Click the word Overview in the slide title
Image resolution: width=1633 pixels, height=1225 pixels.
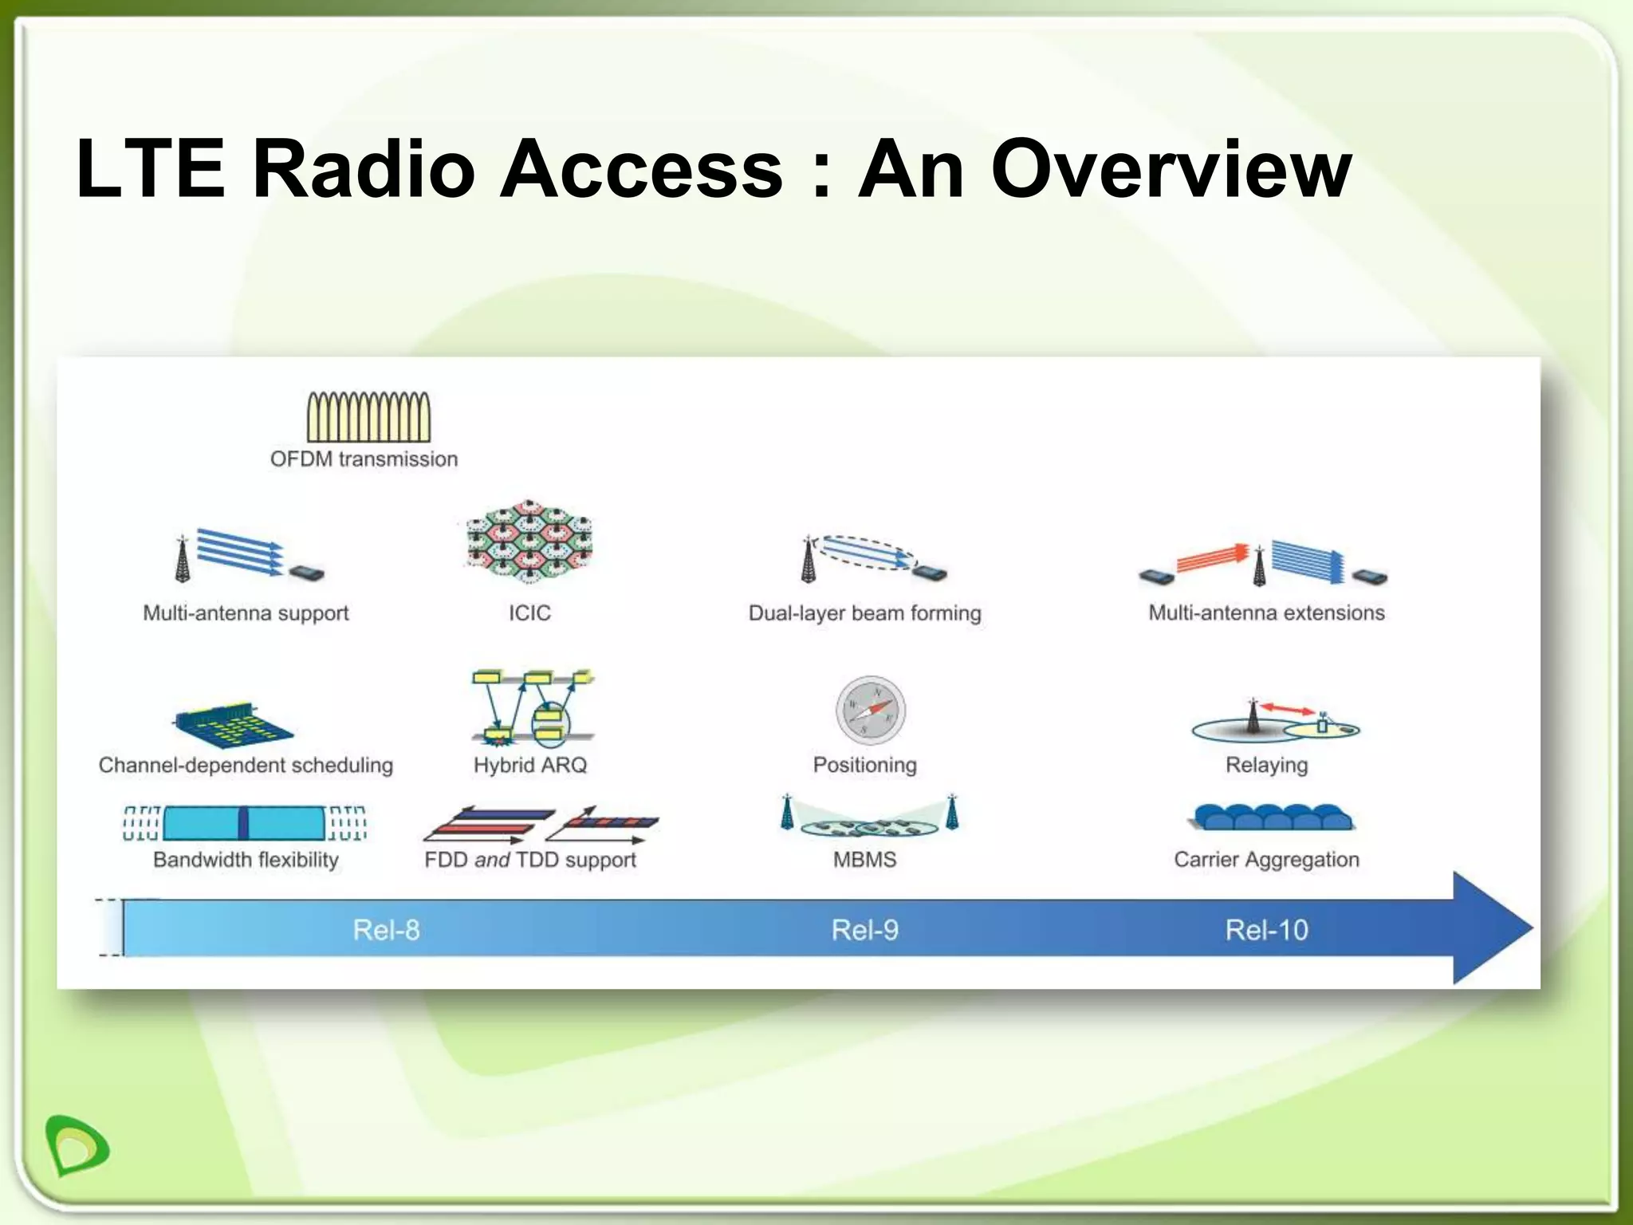pyautogui.click(x=1171, y=169)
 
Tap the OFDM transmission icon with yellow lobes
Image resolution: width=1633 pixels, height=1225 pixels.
pyautogui.click(x=368, y=416)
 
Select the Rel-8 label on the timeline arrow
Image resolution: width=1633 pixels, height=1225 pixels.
pyautogui.click(x=386, y=930)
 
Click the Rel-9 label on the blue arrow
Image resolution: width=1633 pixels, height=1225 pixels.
pyautogui.click(x=864, y=930)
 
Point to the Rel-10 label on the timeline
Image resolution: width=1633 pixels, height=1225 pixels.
pyautogui.click(x=1266, y=930)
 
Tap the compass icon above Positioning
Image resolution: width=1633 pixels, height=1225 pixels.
pyautogui.click(x=870, y=710)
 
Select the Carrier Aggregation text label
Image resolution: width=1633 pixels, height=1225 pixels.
pyautogui.click(x=1266, y=860)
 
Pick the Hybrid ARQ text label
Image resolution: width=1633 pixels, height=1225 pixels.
pyautogui.click(x=529, y=765)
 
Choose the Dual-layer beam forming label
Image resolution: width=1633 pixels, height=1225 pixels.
pyautogui.click(x=864, y=613)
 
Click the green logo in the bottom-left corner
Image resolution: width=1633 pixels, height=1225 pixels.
pyautogui.click(x=77, y=1145)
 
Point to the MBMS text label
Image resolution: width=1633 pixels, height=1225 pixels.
pyautogui.click(x=864, y=860)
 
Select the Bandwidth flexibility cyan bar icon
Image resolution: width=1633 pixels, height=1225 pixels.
pyautogui.click(x=244, y=823)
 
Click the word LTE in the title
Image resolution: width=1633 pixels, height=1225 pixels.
pyautogui.click(x=151, y=169)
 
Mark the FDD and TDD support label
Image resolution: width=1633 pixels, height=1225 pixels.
pyautogui.click(x=529, y=860)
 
